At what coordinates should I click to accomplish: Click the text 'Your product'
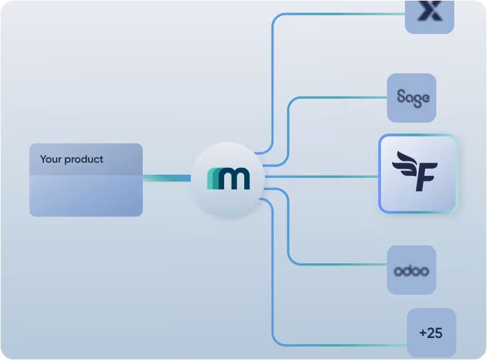click(x=71, y=159)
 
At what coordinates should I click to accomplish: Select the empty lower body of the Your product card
click(x=85, y=196)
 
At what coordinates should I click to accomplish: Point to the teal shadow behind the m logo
click(x=211, y=179)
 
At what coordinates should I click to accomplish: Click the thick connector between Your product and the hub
click(x=167, y=178)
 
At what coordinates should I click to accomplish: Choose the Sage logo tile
click(x=412, y=97)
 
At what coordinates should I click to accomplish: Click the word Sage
click(x=413, y=97)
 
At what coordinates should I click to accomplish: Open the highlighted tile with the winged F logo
click(x=418, y=173)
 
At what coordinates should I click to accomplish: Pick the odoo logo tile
click(x=412, y=270)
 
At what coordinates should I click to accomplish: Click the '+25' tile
click(x=431, y=333)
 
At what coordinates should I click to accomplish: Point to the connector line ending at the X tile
click(x=334, y=14)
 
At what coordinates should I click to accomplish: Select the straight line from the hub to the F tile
click(x=320, y=177)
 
